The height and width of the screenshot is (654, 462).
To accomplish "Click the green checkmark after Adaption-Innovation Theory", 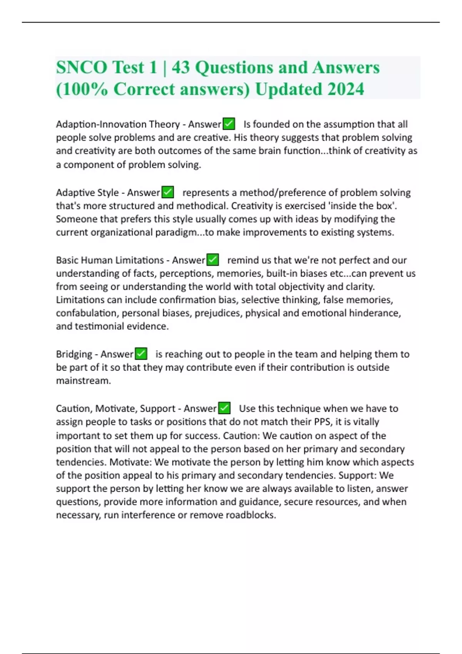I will [229, 124].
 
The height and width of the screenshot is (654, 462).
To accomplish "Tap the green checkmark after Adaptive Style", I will [168, 192].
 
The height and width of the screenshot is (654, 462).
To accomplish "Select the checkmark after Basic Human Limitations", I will [213, 260].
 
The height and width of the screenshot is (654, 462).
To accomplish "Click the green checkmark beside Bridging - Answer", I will [141, 354].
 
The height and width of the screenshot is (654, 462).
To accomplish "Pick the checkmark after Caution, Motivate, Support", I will [224, 408].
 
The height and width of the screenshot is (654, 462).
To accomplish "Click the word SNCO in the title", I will [82, 67].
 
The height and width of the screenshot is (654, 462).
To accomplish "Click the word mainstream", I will [83, 380].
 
